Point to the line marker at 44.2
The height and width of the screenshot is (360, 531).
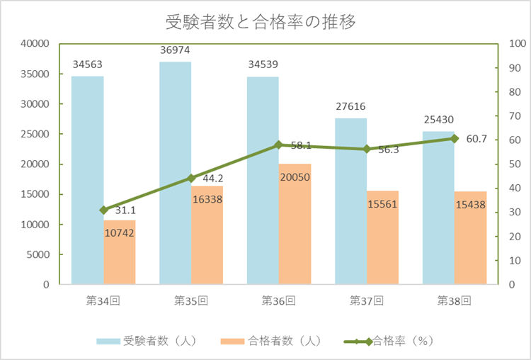pos(190,178)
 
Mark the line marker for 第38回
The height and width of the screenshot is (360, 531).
pos(454,138)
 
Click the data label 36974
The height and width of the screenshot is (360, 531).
pos(175,51)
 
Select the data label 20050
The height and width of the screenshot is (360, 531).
pos(294,177)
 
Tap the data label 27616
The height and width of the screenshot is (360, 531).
pos(350,107)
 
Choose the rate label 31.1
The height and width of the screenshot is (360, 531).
pos(125,210)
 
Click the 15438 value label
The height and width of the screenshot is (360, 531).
pos(470,204)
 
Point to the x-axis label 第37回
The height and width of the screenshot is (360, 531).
pos(366,300)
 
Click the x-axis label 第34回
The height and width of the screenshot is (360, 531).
pos(103,300)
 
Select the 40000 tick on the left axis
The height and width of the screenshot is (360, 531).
pos(34,44)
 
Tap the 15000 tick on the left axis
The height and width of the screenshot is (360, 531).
pos(34,194)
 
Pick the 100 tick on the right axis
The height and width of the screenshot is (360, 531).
pos(518,44)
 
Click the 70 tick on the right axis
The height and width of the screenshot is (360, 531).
pos(515,116)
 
